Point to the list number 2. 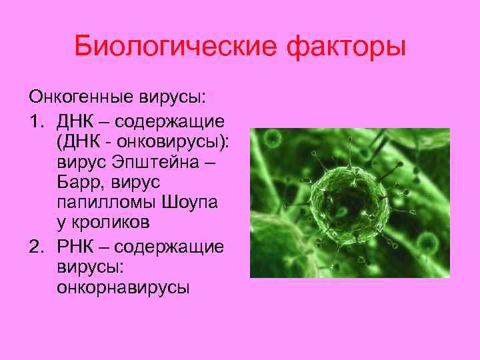[x=35, y=247]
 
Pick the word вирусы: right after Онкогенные [x=173, y=97]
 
